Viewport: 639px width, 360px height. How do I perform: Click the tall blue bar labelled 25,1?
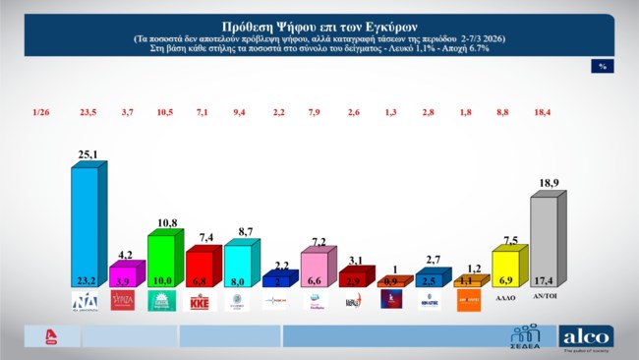tap(85, 226)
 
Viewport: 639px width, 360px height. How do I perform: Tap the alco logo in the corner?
tap(586, 337)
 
